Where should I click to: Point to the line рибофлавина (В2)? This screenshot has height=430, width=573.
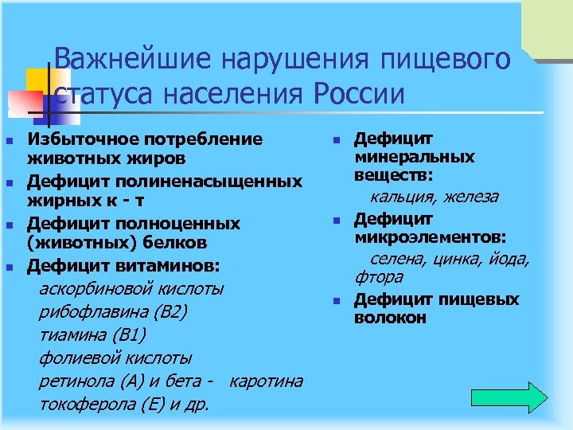pyautogui.click(x=113, y=311)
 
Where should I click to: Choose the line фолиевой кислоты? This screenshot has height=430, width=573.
pyautogui.click(x=115, y=358)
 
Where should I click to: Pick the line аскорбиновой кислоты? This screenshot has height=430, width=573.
pyautogui.click(x=131, y=287)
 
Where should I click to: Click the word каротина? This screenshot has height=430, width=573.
pyautogui.click(x=266, y=381)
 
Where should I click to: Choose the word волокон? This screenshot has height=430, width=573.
pyautogui.click(x=390, y=318)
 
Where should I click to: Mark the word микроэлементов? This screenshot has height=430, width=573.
pyautogui.click(x=435, y=237)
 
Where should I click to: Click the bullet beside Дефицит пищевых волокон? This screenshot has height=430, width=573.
pyautogui.click(x=337, y=301)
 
